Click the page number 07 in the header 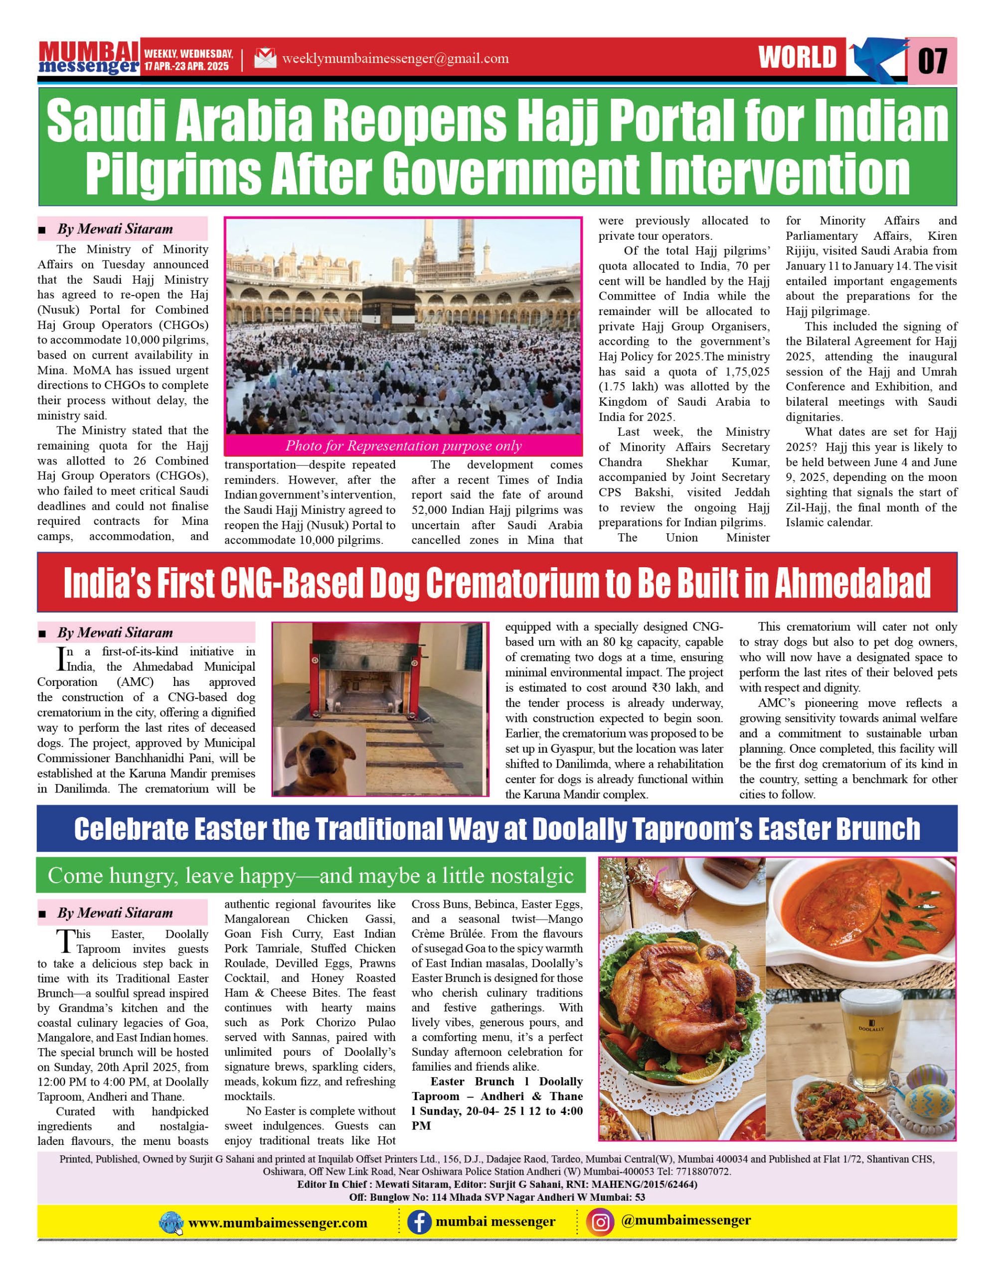933,60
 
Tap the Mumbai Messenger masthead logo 88,58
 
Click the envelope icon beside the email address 265,58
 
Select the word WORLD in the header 798,58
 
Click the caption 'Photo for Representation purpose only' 403,446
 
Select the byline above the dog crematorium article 115,633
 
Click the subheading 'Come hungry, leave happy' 310,875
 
